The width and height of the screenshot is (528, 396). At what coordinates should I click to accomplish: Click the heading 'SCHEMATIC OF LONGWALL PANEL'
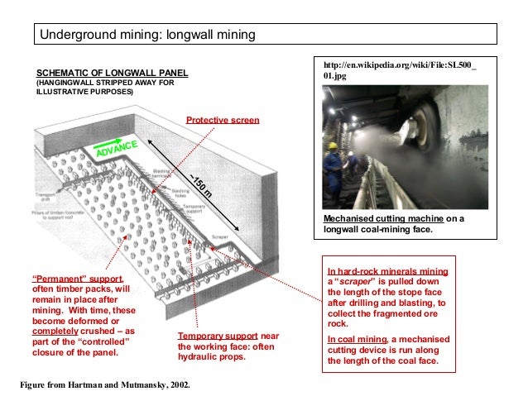click(x=111, y=73)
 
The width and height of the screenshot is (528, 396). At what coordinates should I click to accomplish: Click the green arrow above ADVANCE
click(x=111, y=141)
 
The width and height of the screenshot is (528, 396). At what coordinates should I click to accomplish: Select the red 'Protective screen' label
click(x=222, y=120)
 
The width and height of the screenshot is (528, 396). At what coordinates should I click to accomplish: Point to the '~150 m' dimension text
click(x=202, y=186)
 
